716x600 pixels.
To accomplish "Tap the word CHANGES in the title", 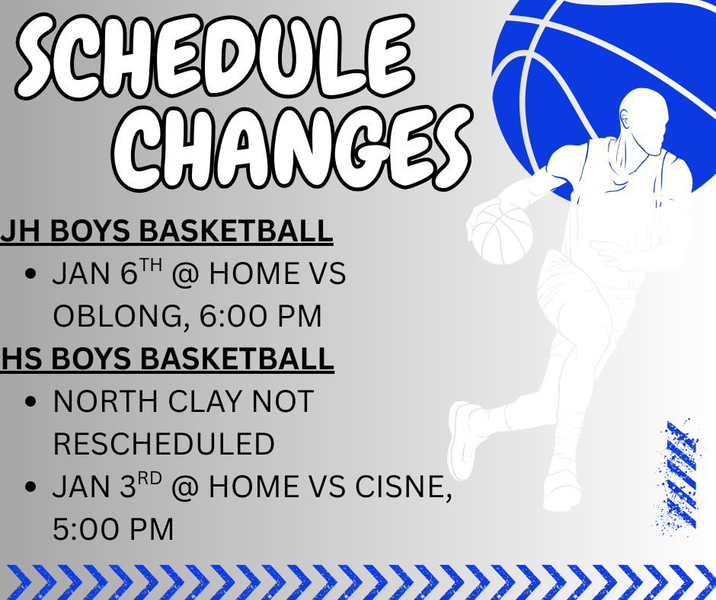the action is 292,149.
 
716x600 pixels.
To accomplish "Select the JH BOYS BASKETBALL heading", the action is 167,231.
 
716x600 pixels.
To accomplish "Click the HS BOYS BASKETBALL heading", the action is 167,359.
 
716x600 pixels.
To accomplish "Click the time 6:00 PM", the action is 261,316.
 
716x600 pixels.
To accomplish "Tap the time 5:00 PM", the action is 113,529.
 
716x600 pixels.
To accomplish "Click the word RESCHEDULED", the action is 164,444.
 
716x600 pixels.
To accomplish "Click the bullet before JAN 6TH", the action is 30,274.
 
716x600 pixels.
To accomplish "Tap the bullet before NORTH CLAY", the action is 30,401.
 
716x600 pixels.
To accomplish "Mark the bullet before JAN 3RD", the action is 30,487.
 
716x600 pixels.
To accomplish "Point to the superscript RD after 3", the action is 150,478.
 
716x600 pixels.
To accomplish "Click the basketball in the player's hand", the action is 502,233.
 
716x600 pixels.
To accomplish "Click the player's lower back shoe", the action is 462,440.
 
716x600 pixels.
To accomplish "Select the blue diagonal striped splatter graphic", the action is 678,475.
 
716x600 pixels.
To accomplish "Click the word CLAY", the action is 205,401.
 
